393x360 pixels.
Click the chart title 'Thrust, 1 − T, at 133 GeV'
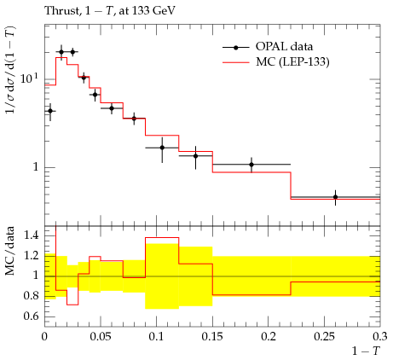110,11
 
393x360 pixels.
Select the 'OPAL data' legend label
284,46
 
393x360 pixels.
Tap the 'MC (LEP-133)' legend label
292,61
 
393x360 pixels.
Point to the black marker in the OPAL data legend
235,48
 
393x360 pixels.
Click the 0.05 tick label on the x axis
101,336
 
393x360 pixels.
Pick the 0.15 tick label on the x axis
212,336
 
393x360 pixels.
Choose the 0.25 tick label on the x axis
325,336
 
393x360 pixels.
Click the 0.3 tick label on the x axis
380,336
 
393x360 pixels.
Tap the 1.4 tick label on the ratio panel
31,235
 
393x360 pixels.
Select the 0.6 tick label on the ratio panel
31,316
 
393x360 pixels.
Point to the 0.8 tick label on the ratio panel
31,296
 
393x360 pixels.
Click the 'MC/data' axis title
10,251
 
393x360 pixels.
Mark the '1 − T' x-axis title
367,351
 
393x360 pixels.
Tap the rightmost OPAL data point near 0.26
335,197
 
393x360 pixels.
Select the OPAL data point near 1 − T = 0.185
251,165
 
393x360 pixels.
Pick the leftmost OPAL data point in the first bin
50,111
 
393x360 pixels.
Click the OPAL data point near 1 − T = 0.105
162,148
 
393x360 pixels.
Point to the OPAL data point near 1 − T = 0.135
195,156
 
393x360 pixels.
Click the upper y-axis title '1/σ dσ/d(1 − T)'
10,70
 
